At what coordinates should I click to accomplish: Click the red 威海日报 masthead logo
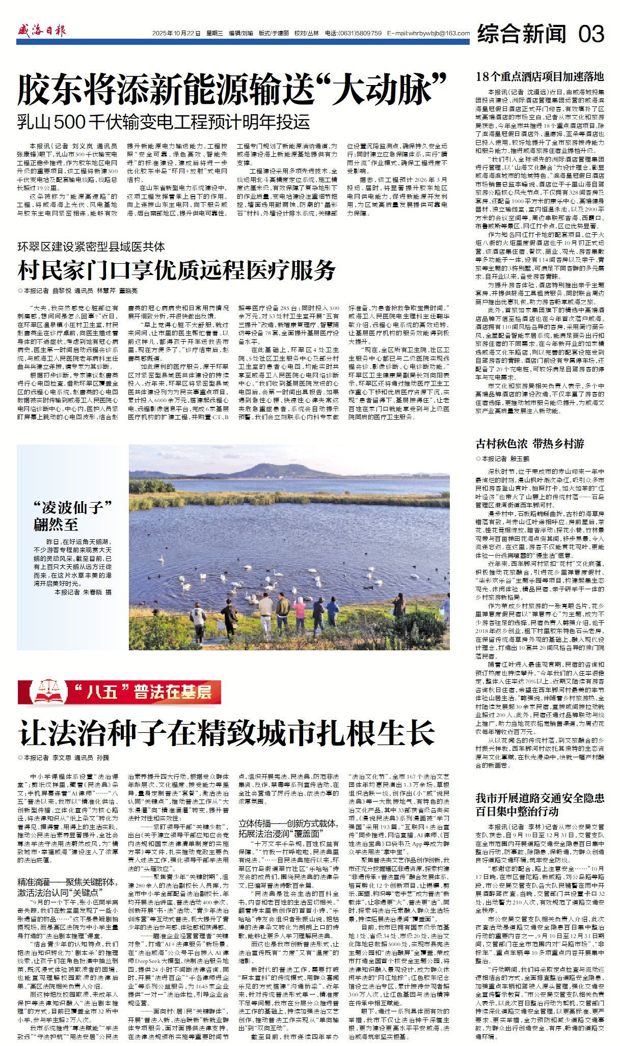pos(41,31)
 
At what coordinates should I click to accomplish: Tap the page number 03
pos(591,34)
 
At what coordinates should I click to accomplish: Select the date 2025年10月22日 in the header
pos(176,34)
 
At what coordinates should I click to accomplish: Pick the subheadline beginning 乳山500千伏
pos(164,122)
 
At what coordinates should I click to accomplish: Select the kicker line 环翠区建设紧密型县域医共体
pos(91,247)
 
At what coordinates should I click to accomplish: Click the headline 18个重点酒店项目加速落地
pos(540,77)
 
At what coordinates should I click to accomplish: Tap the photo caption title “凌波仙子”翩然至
pos(72,515)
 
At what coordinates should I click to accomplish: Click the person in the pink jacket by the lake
pos(300,614)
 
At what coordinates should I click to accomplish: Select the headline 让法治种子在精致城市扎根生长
pos(227,732)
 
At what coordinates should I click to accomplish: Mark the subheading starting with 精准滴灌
pos(67,886)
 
